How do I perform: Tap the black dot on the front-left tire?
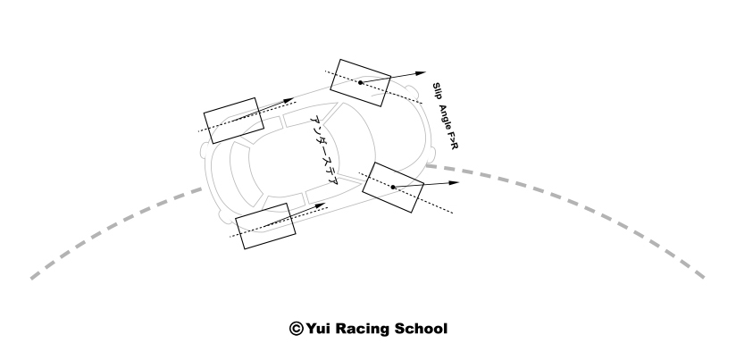[360, 82]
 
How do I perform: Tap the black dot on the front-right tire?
[393, 187]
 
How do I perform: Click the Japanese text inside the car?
[322, 150]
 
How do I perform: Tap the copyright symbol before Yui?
[296, 329]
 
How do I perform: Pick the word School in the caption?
[422, 329]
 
